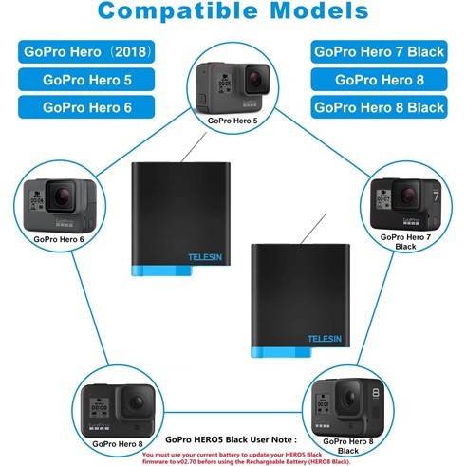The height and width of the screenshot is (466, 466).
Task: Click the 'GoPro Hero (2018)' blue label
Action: (x=86, y=51)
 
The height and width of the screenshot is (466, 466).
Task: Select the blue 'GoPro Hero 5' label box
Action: (x=86, y=80)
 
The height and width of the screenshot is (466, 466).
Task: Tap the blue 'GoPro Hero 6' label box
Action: (x=86, y=107)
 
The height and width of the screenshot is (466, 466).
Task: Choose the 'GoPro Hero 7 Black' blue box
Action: (x=379, y=51)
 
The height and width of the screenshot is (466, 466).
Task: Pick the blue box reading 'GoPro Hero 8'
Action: (x=379, y=80)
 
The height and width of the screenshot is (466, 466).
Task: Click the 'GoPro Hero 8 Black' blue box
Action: (x=379, y=107)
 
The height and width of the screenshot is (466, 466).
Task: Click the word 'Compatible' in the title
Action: (x=177, y=11)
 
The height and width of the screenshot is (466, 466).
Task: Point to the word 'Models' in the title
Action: (x=319, y=10)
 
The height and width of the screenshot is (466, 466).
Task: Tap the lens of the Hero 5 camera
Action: (x=255, y=79)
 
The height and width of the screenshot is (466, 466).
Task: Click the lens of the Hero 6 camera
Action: (x=62, y=196)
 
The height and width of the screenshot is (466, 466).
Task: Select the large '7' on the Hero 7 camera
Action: (x=437, y=196)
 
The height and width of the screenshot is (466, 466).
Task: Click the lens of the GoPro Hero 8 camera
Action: (x=137, y=402)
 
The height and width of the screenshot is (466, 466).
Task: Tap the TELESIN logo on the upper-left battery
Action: (x=205, y=257)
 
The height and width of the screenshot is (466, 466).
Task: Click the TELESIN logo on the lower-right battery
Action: (x=325, y=339)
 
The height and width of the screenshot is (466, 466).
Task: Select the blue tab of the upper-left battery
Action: (x=161, y=270)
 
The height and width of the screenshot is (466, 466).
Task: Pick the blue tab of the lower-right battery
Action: (x=281, y=352)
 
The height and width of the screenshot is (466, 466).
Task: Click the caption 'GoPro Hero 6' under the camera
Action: (x=59, y=239)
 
